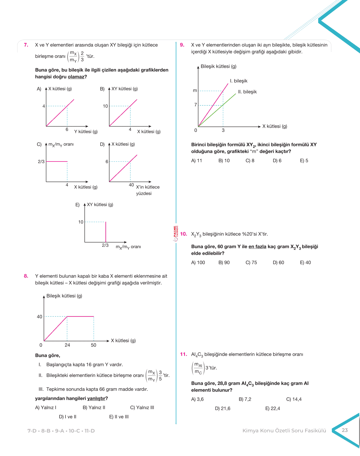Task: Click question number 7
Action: click(x=26, y=45)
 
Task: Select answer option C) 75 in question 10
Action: click(x=251, y=262)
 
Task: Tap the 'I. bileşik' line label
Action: click(x=239, y=81)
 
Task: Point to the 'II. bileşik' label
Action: click(x=247, y=92)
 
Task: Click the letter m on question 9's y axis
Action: click(x=195, y=91)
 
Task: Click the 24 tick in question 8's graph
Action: click(x=67, y=345)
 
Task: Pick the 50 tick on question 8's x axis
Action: click(x=93, y=345)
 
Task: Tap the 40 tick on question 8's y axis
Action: click(x=40, y=317)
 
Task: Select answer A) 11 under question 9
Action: click(x=197, y=160)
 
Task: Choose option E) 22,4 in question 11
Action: click(x=272, y=408)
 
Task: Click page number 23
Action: click(x=345, y=430)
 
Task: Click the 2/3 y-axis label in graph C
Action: click(x=41, y=162)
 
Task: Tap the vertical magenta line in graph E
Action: click(x=106, y=232)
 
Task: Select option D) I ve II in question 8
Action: click(x=67, y=417)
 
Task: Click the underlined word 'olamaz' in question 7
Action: click(x=76, y=77)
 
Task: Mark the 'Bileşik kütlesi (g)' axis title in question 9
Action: click(x=218, y=66)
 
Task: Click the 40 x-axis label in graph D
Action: click(x=131, y=185)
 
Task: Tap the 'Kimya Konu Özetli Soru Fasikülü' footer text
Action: click(x=284, y=431)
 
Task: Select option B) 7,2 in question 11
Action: click(x=245, y=399)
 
